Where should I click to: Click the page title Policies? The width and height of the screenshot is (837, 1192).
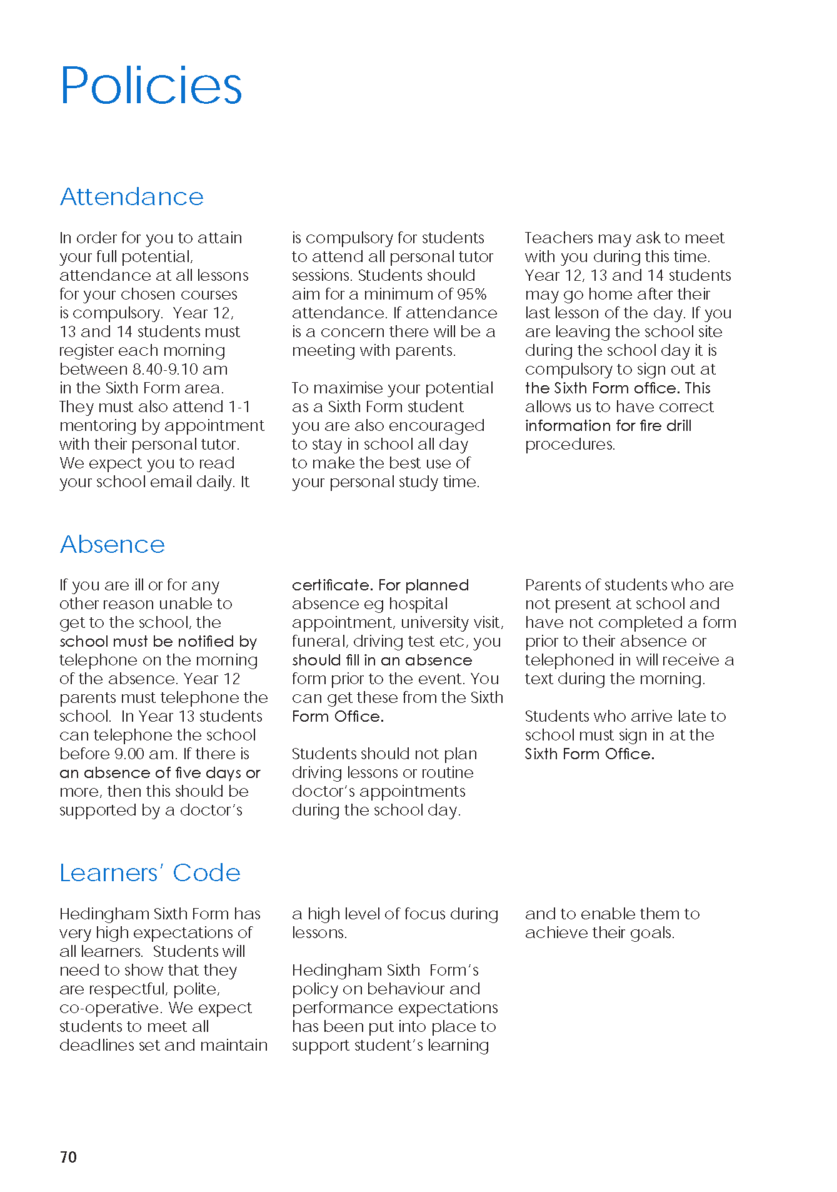click(151, 86)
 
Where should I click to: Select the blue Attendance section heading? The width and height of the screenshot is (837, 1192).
click(132, 197)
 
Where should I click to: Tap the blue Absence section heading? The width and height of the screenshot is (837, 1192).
click(113, 545)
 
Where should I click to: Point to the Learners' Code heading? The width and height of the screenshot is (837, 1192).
click(150, 873)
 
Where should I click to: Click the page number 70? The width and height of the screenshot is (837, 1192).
click(68, 1157)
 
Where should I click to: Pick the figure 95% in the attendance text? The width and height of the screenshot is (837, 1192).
click(471, 294)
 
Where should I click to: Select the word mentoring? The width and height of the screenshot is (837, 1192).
click(98, 426)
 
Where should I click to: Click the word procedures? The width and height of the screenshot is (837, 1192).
click(570, 445)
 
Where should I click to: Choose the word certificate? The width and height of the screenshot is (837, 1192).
click(332, 585)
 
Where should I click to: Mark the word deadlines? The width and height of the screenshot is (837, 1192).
click(96, 1046)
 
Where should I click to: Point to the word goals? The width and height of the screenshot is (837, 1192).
click(651, 933)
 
